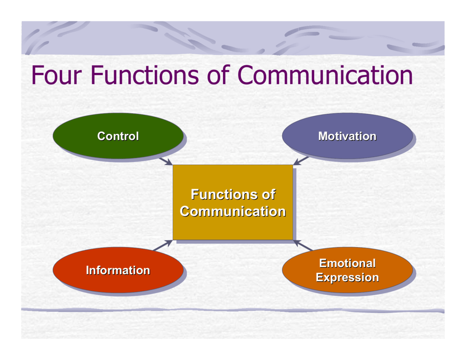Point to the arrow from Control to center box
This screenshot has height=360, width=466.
[x=166, y=161]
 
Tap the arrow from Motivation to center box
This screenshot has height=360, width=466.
[x=301, y=161]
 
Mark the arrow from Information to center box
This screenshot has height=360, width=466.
[x=163, y=245]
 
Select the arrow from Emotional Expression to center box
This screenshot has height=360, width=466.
[x=304, y=246]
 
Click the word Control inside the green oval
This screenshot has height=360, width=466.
[x=118, y=136]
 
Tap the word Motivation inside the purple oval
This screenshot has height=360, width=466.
[x=347, y=136]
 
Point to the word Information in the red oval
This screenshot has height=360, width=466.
[x=118, y=270]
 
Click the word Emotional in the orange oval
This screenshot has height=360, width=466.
[x=347, y=263]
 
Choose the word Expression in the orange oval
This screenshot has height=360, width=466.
[x=347, y=277]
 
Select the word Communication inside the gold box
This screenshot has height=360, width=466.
[x=233, y=212]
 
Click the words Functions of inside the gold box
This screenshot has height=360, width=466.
[x=233, y=195]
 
